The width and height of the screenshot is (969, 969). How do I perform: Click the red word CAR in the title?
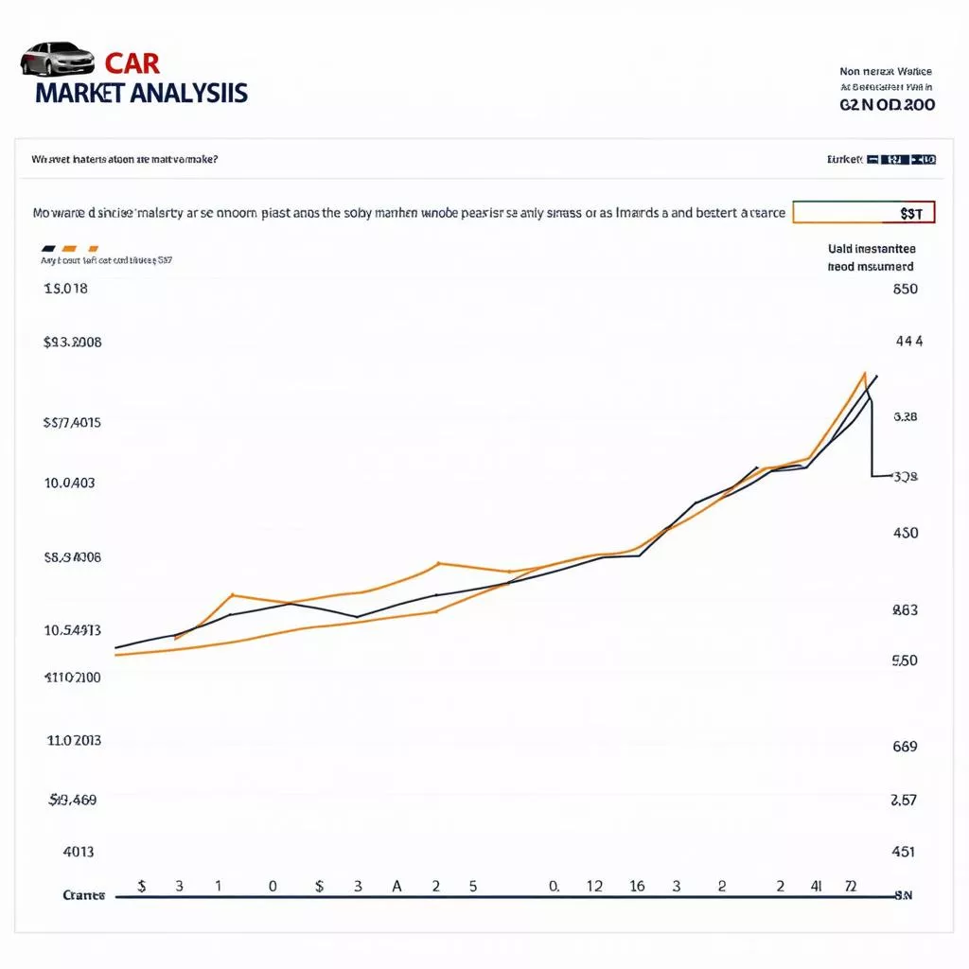[132, 63]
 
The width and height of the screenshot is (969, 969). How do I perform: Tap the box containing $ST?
[863, 212]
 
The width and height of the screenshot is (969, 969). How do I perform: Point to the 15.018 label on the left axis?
[65, 289]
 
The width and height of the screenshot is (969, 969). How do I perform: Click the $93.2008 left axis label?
[72, 343]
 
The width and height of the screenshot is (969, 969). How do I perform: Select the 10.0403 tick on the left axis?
[69, 483]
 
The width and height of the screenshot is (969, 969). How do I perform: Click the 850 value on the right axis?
[905, 289]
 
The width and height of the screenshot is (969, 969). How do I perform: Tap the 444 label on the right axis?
[908, 342]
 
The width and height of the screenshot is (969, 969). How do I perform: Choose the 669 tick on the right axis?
[905, 746]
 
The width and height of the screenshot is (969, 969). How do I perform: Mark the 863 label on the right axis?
[905, 610]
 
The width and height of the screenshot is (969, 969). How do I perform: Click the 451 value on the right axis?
[904, 852]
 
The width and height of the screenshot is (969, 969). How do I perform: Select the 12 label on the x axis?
[594, 887]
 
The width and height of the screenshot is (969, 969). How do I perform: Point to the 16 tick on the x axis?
[637, 887]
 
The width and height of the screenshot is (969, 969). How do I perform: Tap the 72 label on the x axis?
[850, 887]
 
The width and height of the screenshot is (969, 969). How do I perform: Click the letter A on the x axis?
[396, 887]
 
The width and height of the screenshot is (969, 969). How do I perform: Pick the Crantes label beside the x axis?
[83, 895]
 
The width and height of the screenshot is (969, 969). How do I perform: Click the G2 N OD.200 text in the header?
[887, 105]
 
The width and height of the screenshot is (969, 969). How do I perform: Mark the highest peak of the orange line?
[865, 373]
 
